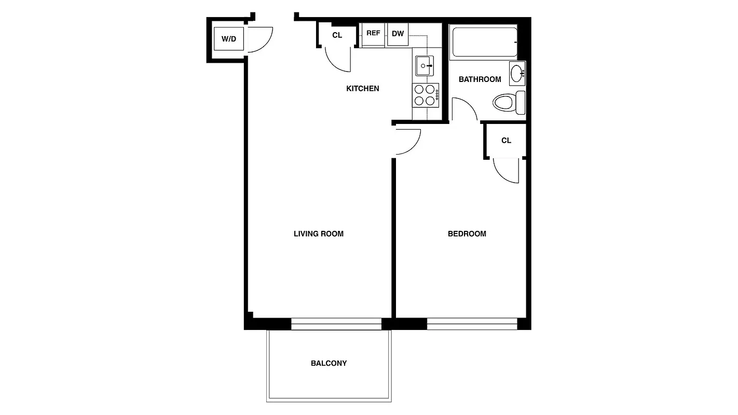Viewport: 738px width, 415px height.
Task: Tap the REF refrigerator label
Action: [x=373, y=33]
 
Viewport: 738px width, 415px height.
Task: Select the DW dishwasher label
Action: [x=398, y=34]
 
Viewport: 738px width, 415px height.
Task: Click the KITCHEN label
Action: [x=363, y=89]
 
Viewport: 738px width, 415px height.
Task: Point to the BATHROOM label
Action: [x=480, y=79]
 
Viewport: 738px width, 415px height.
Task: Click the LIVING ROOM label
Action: [x=319, y=234]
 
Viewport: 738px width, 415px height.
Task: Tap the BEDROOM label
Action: [x=467, y=234]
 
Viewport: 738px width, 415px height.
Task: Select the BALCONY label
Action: [x=329, y=364]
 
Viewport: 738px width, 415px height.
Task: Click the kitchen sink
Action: [x=425, y=66]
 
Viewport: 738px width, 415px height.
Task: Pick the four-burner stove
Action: [x=425, y=95]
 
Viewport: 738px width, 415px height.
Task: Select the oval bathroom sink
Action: [x=517, y=73]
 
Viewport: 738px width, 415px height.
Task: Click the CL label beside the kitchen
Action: [x=337, y=35]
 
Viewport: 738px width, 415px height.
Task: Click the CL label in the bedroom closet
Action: [x=507, y=141]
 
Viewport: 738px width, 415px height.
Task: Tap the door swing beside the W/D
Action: [x=259, y=39]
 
